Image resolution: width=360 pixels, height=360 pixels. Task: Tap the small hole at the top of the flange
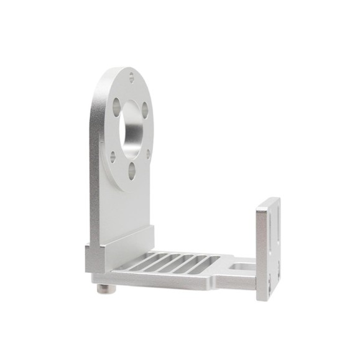[131, 77]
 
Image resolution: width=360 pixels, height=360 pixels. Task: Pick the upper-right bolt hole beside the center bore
[145, 110]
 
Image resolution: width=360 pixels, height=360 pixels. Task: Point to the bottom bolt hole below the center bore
[132, 170]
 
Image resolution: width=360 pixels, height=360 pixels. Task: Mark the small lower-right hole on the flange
[148, 154]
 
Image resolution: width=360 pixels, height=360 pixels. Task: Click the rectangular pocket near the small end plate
[238, 267]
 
